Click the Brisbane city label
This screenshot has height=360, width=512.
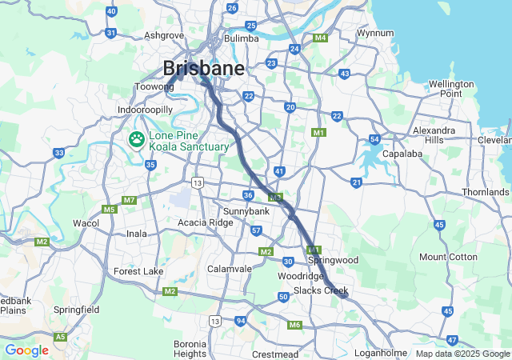[204, 68]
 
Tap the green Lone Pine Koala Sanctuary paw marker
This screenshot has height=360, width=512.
[138, 141]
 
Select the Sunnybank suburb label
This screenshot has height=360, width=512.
[246, 211]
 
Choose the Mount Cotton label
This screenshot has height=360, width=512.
[448, 257]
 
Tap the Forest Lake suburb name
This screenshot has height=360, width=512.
[138, 271]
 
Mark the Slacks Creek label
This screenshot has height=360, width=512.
[320, 290]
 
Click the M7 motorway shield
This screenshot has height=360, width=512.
[130, 199]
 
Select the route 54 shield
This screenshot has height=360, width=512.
[374, 140]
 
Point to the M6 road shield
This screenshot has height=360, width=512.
[294, 325]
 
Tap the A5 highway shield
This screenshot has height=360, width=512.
[61, 338]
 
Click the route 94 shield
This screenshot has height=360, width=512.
[241, 321]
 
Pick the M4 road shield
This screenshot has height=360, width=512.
[321, 38]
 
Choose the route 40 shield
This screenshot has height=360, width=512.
[111, 11]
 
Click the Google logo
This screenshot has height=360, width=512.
[26, 350]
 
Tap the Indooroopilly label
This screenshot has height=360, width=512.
[145, 109]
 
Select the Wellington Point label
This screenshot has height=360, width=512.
[451, 89]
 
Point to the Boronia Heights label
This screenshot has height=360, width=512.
[190, 349]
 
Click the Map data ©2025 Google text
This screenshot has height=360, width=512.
[462, 354]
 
